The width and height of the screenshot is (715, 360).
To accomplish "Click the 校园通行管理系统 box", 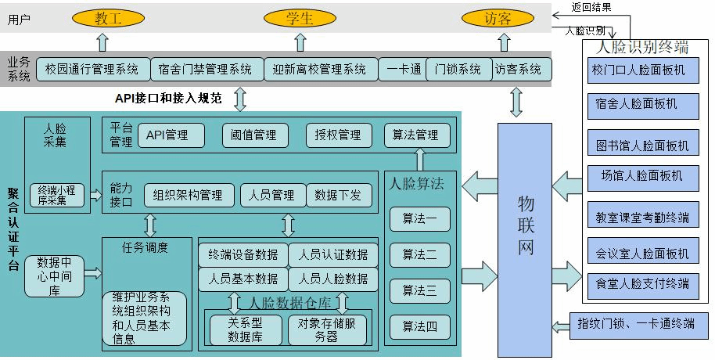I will [x=92, y=70].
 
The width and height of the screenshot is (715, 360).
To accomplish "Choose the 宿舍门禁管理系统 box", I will [x=205, y=70].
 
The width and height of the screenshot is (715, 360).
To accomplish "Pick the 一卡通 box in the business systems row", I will [x=404, y=70].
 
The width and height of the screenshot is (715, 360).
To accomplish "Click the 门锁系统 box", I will [x=458, y=70].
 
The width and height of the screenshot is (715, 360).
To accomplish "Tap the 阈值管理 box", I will [x=255, y=135].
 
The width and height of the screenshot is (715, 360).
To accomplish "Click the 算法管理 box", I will [x=417, y=135].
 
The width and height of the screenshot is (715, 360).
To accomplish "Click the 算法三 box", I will [x=419, y=290].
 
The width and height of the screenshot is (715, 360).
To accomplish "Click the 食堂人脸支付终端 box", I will [x=644, y=283].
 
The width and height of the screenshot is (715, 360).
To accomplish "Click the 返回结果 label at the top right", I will [x=591, y=8].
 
